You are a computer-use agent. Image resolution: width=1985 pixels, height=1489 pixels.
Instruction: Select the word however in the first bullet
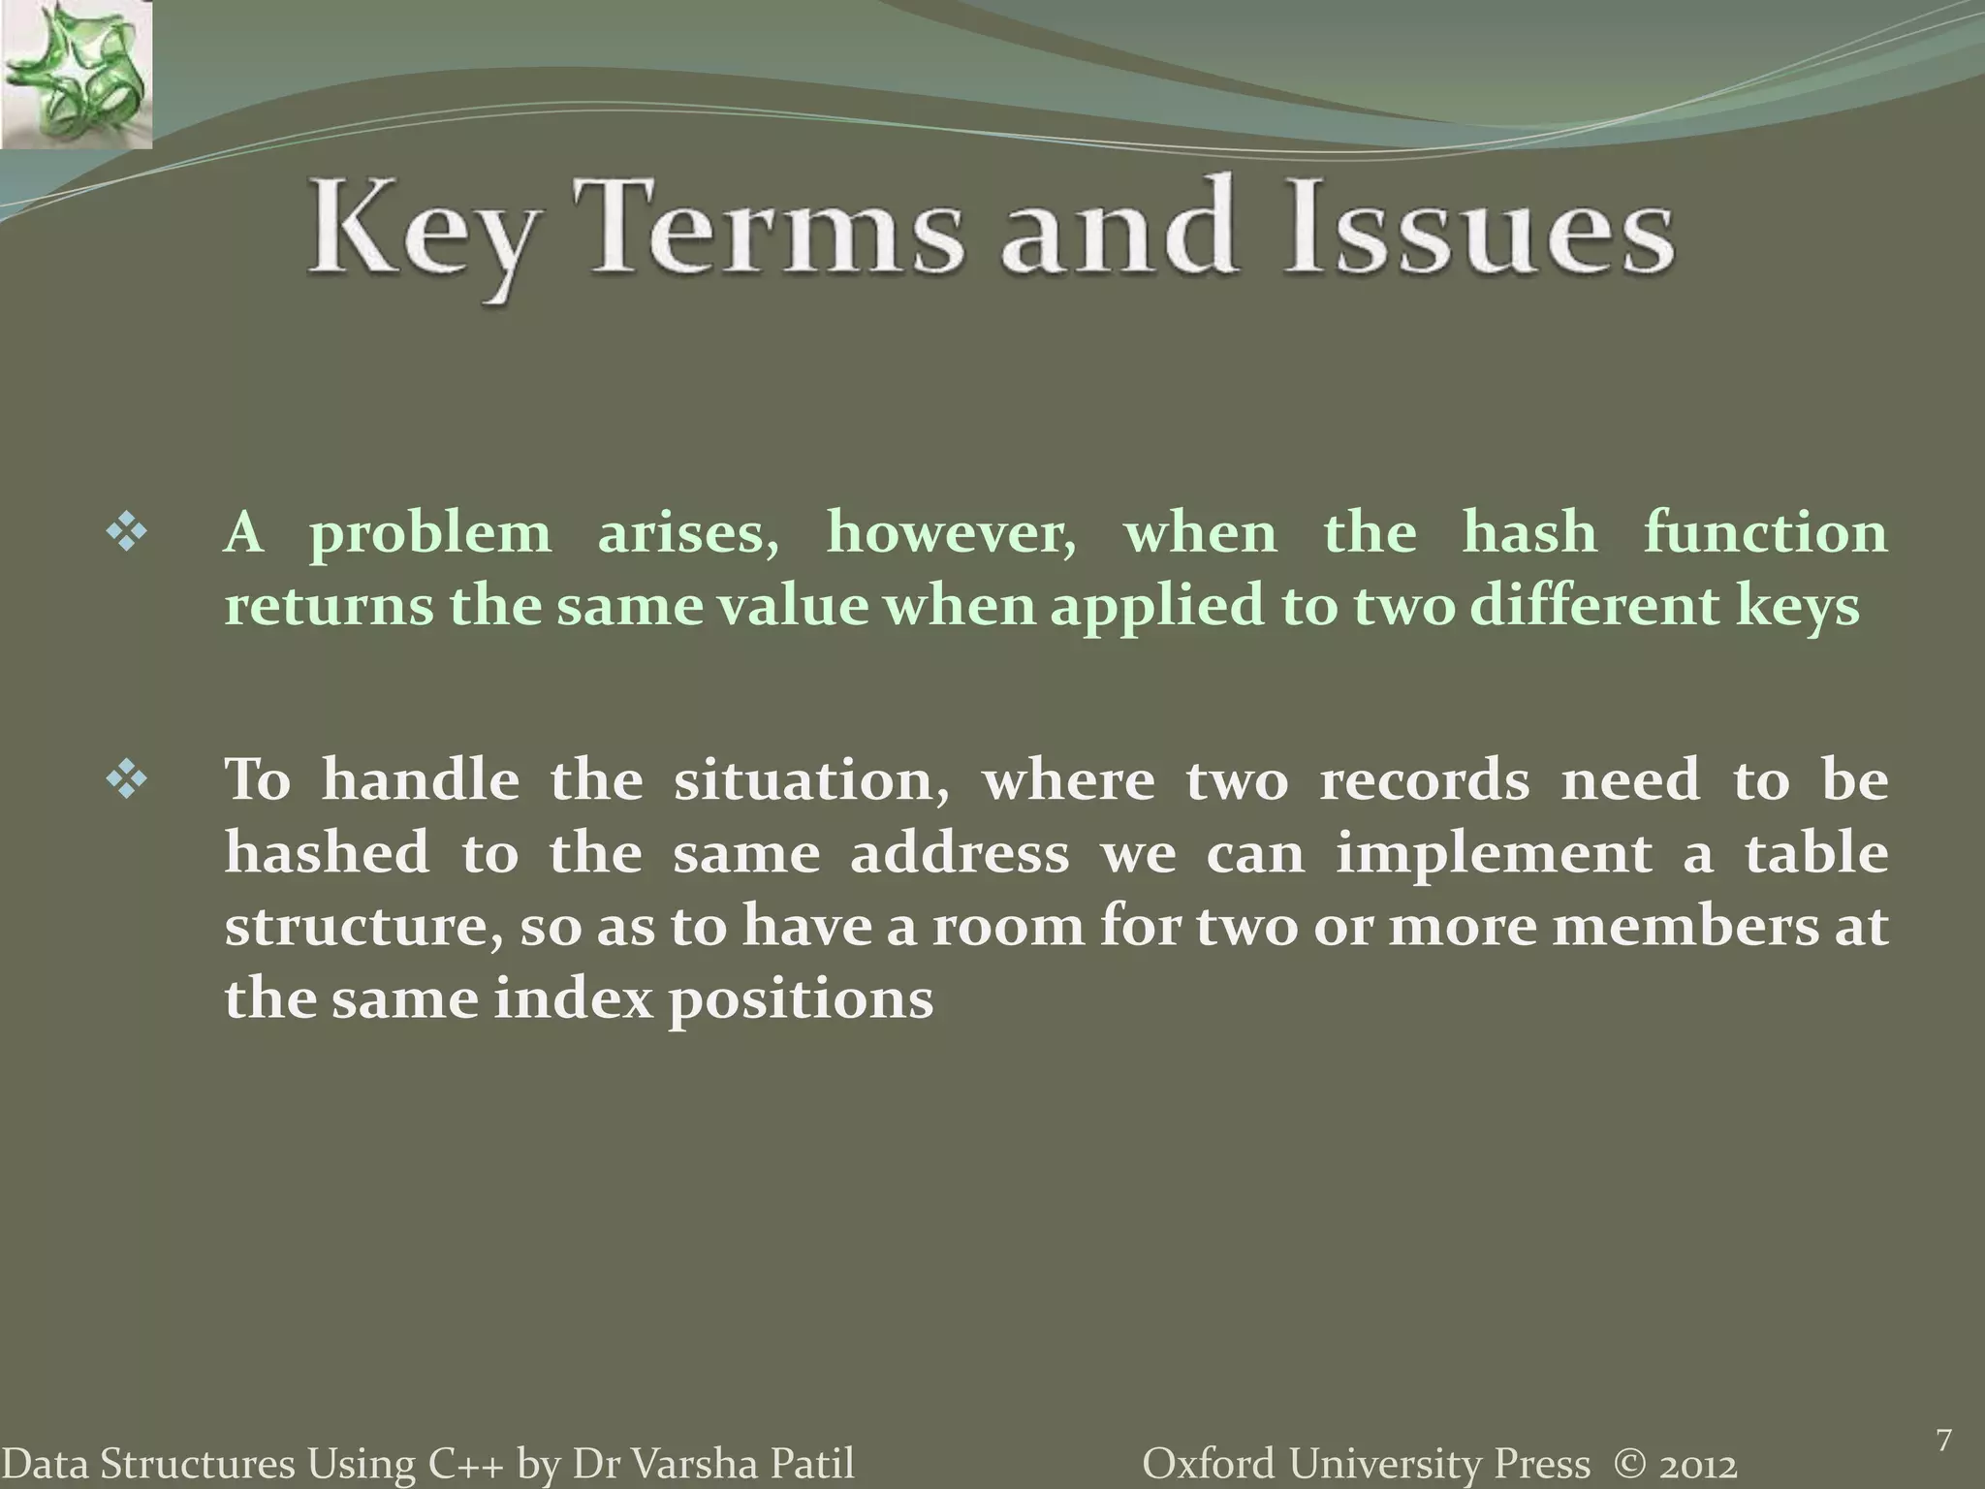point(951,534)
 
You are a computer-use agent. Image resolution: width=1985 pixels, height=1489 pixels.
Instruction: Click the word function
point(1765,533)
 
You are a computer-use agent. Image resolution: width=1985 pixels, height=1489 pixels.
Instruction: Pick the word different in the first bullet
point(1592,606)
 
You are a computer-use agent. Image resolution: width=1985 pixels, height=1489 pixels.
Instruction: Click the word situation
point(811,781)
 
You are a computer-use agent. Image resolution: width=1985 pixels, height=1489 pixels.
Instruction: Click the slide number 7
point(1942,1414)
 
